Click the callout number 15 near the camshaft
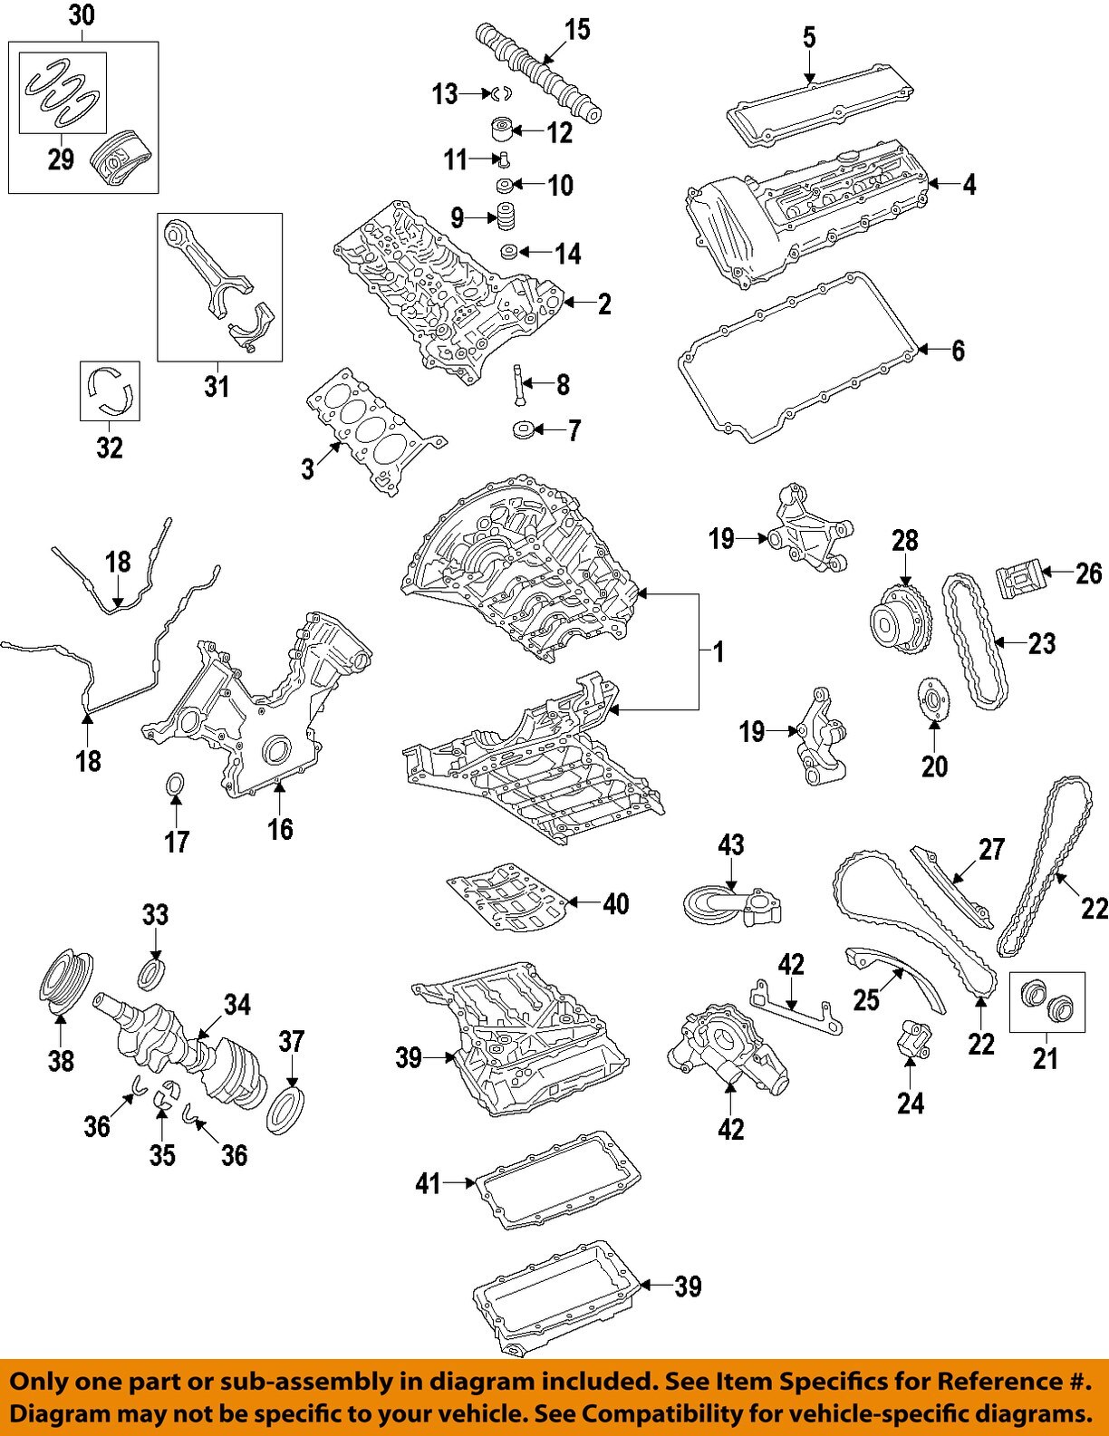577,30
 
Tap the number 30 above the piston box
82,15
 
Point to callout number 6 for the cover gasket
958,350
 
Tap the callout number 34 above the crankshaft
238,1004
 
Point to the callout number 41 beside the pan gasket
428,1182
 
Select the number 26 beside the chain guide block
1089,573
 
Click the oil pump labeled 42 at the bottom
725,1051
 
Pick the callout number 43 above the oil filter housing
730,845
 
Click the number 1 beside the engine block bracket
718,651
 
